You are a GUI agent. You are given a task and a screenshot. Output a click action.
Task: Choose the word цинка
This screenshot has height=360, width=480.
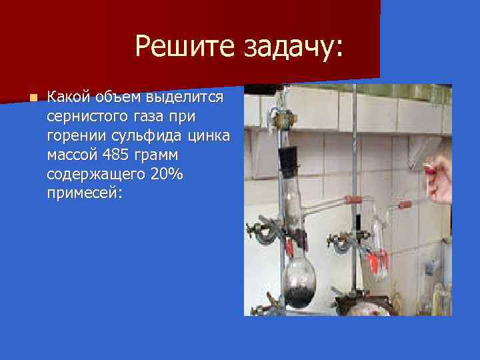[x=207, y=136]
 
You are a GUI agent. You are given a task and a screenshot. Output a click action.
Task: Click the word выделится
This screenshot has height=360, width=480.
[x=189, y=97]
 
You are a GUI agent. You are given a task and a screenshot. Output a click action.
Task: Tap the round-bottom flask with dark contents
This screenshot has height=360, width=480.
[x=301, y=280]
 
